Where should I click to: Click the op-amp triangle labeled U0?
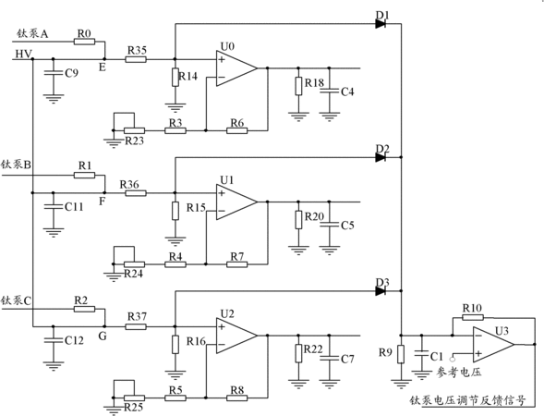tap(236, 68)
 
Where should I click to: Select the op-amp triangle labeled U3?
tap(492, 345)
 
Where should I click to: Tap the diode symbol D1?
tap(381, 24)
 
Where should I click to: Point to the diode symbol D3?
tap(381, 290)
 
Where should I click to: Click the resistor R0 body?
tap(84, 42)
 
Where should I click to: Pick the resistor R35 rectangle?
tap(136, 59)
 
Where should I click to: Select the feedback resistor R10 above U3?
tap(473, 317)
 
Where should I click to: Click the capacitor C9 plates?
tap(53, 73)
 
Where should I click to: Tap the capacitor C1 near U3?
tap(421, 353)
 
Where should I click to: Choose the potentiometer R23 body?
tap(134, 130)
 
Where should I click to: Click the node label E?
tap(102, 67)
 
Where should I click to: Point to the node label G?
tap(103, 336)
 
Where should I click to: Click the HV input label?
tap(24, 55)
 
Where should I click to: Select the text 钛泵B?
tap(16, 165)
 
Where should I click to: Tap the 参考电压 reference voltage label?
tap(459, 373)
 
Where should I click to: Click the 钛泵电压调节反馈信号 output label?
tap(467, 400)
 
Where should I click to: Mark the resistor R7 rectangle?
tap(237, 264)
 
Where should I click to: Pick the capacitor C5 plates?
tap(329, 225)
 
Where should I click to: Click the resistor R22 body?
tap(298, 353)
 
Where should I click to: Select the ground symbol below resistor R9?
tap(401, 385)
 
